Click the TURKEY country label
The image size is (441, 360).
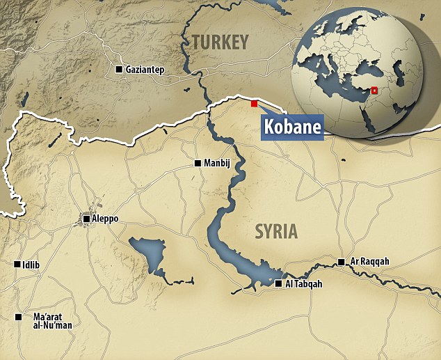click(220, 42)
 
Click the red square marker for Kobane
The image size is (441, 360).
click(254, 104)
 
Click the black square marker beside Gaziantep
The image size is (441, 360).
click(119, 70)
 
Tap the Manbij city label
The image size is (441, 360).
click(218, 164)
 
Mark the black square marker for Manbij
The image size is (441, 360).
click(197, 164)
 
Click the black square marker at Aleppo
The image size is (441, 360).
click(86, 219)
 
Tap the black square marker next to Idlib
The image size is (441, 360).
click(17, 264)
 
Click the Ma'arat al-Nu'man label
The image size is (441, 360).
click(52, 321)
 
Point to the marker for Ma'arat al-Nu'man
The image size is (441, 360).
click(18, 317)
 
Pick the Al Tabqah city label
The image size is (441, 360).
click(303, 283)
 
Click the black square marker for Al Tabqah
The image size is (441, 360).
click(278, 283)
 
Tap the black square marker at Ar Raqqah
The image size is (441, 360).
click(341, 262)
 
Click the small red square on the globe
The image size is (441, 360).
click(374, 90)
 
